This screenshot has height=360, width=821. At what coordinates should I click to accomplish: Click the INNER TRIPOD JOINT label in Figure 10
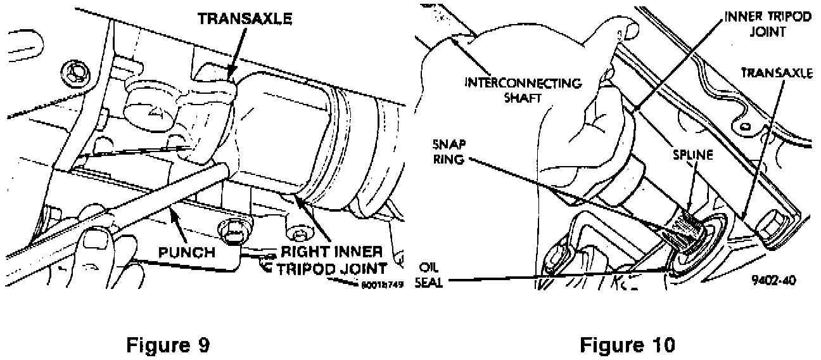tap(767, 24)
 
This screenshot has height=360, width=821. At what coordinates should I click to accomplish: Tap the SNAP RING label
tap(450, 151)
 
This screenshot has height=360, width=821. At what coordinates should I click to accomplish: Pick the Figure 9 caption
tap(167, 345)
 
